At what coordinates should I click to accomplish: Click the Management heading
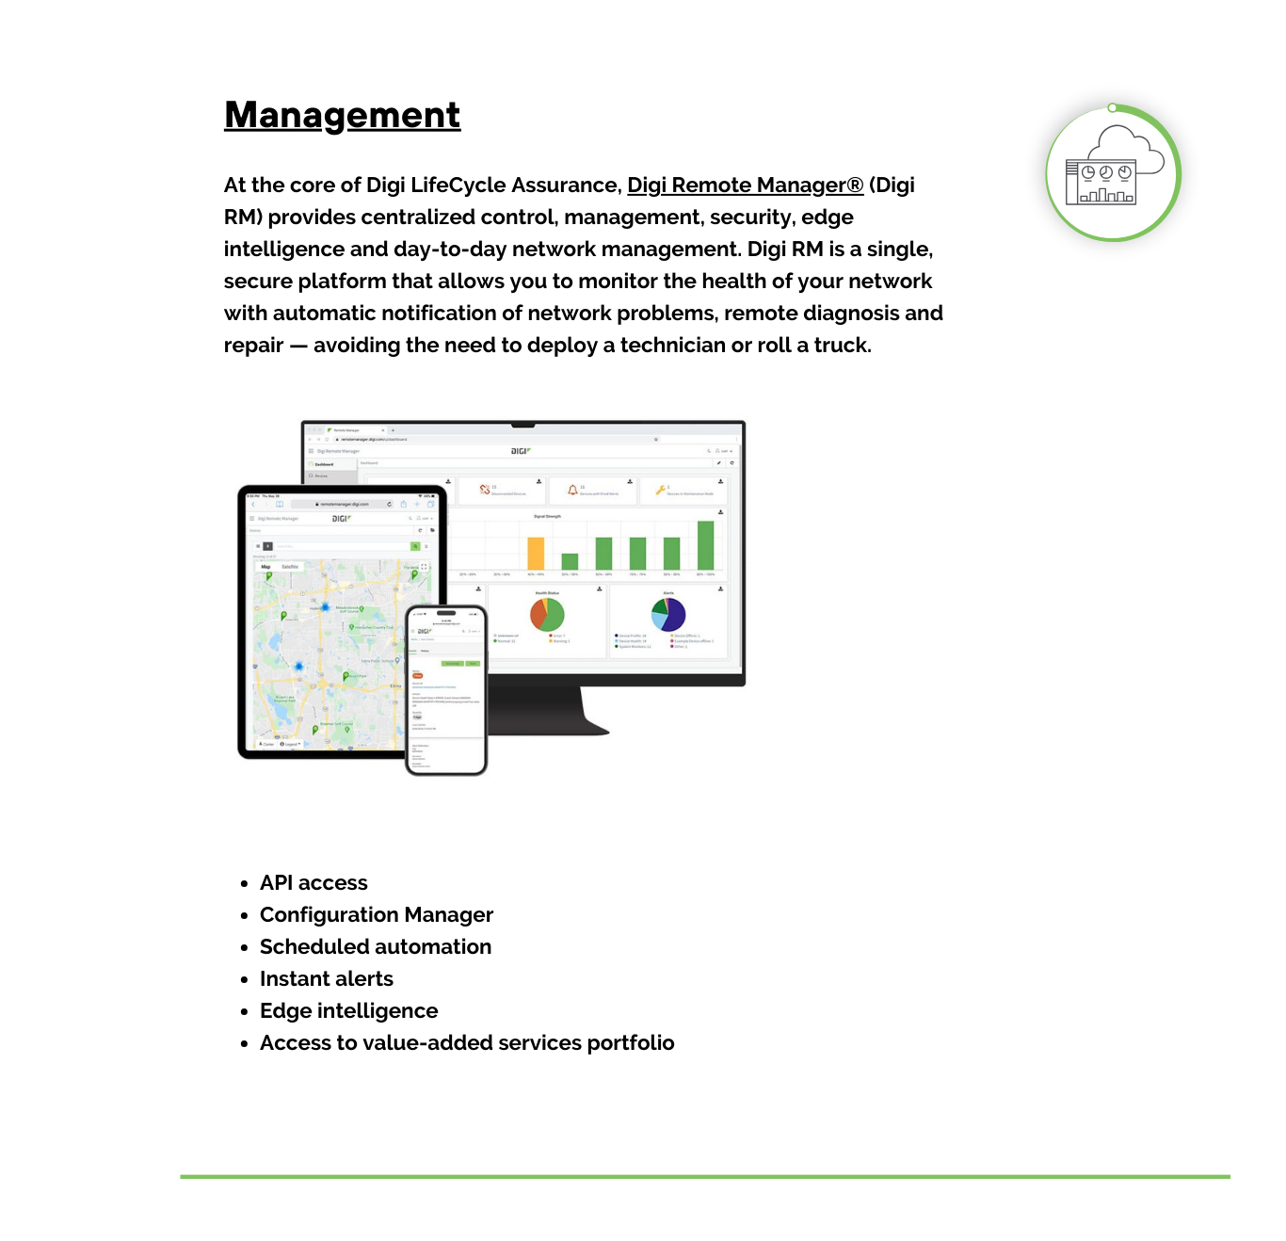tap(342, 115)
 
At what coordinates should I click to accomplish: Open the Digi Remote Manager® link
tap(745, 185)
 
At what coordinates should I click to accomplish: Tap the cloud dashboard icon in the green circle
tap(1114, 173)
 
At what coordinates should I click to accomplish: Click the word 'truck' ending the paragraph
tap(841, 346)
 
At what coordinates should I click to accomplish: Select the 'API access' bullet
tap(313, 883)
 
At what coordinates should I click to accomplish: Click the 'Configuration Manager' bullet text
tap(376, 915)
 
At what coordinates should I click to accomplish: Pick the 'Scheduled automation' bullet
tap(375, 947)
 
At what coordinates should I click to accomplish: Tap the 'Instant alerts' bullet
tap(326, 979)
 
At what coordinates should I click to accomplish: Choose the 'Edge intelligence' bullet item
tap(348, 1011)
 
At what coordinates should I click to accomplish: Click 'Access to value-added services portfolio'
tap(467, 1043)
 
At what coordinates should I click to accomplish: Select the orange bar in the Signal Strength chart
tap(536, 553)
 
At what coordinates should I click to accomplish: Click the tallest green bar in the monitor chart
tap(705, 545)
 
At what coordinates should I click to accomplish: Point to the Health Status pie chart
tap(547, 615)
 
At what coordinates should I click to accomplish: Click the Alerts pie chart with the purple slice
tap(668, 614)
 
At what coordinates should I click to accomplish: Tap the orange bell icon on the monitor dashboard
tap(571, 490)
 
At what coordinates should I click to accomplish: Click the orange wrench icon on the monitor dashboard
tap(661, 490)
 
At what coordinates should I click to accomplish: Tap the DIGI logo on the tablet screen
tap(341, 519)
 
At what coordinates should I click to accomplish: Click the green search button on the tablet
tap(414, 546)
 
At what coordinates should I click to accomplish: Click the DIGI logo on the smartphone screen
tap(425, 632)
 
